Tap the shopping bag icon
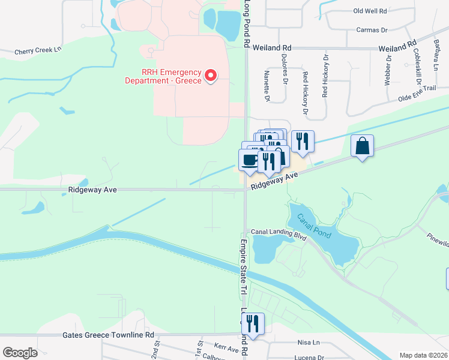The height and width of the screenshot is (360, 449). pyautogui.click(x=363, y=146)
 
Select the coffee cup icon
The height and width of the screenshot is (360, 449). pyautogui.click(x=249, y=160)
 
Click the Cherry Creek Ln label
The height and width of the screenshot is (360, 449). pyautogui.click(x=38, y=52)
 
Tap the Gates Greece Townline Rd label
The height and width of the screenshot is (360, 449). pyautogui.click(x=108, y=335)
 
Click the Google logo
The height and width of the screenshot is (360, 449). pyautogui.click(x=20, y=353)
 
